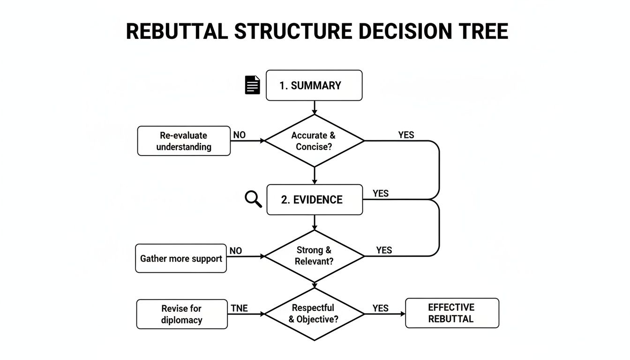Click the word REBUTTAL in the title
(177, 32)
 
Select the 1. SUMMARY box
(314, 85)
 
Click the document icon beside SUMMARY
(252, 85)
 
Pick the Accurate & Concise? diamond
(314, 141)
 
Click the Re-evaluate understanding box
(184, 141)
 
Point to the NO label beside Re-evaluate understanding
(239, 135)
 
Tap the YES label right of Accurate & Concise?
(406, 135)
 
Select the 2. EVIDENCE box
(314, 200)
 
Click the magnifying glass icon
(253, 199)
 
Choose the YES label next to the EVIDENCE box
(380, 194)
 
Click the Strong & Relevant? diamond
(314, 256)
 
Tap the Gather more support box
(181, 258)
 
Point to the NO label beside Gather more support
(236, 251)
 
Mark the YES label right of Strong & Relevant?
(383, 250)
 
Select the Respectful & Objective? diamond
(314, 314)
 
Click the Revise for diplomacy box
(182, 314)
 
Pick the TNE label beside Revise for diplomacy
(239, 308)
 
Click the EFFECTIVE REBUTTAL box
(451, 313)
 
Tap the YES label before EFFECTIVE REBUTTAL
(380, 308)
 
